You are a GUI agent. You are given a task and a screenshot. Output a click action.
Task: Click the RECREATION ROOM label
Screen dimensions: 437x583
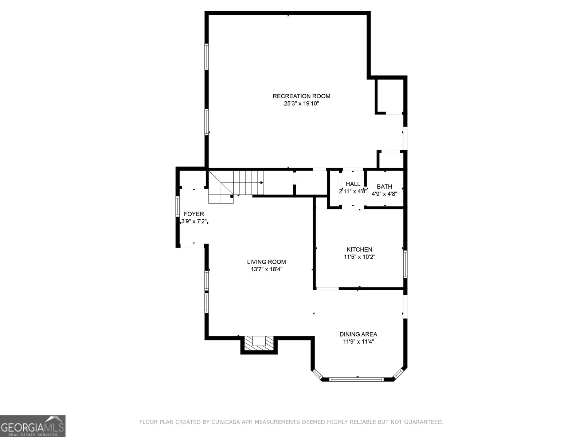(x=301, y=96)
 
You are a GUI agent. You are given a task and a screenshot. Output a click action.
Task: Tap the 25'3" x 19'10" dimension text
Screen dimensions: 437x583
(x=301, y=103)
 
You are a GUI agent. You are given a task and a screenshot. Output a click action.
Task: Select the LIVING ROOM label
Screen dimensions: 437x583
(x=266, y=262)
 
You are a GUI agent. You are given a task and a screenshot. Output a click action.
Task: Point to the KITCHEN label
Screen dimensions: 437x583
(x=359, y=249)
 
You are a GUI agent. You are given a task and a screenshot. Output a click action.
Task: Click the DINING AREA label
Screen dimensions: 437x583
(x=358, y=334)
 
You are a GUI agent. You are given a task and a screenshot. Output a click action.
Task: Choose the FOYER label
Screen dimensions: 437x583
(x=194, y=214)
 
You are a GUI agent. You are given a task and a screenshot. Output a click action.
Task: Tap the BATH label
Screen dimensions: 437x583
(x=384, y=186)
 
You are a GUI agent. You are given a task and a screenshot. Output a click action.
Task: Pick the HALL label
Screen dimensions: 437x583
(x=353, y=184)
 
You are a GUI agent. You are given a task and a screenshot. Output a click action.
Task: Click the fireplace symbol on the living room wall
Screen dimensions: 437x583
(x=259, y=343)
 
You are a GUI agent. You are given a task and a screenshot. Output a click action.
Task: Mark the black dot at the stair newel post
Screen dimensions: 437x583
(x=232, y=196)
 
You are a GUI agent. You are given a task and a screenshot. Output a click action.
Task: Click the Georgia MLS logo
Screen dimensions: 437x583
(x=32, y=426)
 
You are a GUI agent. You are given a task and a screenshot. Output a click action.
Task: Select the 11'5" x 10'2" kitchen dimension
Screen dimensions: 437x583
(x=359, y=257)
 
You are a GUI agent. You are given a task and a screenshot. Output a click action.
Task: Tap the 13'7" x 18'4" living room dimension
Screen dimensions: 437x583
(x=266, y=269)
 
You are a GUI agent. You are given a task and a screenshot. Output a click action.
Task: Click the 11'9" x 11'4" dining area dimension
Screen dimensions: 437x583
(x=358, y=342)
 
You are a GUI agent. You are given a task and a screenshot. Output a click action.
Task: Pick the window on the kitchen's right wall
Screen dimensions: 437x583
(x=405, y=264)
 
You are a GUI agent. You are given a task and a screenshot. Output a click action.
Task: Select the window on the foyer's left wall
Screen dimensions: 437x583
(x=178, y=206)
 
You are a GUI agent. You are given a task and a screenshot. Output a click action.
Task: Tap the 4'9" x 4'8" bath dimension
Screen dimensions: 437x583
(x=384, y=194)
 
